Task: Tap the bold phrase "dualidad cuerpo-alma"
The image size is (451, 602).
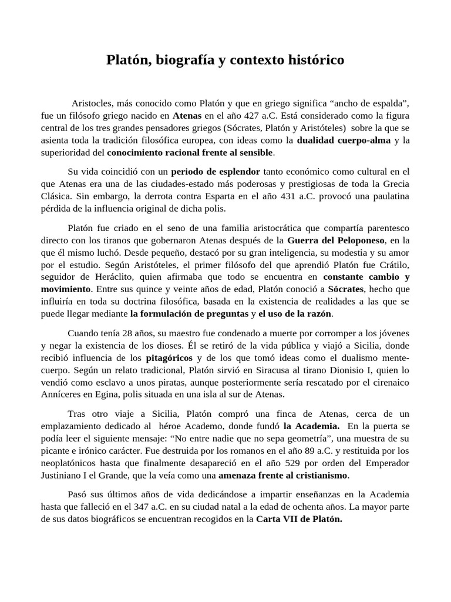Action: point(344,141)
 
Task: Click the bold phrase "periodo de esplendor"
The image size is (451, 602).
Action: point(216,172)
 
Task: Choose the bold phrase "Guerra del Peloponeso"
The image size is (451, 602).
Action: point(336,240)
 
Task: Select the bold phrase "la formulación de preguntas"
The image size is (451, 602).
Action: point(189,314)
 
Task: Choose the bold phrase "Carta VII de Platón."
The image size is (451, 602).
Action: point(299,520)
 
